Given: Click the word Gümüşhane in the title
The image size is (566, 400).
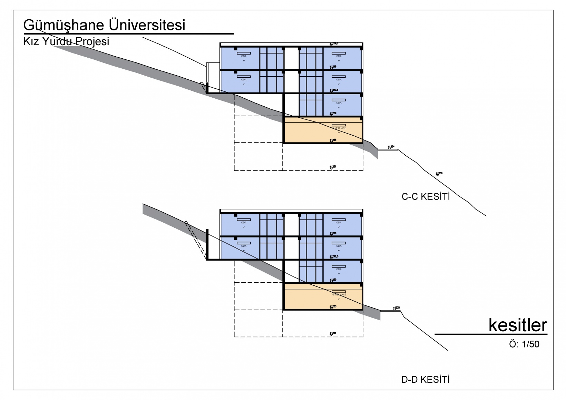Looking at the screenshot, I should coord(63,25).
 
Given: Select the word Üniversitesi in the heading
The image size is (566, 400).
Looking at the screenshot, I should coord(147,25).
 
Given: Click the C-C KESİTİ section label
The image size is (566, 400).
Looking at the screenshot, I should coord(426,197).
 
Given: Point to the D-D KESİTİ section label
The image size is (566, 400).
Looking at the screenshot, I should coord(426,380).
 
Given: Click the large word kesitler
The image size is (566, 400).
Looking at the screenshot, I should coord(518,325).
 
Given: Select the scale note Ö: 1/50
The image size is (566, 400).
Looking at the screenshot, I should coord(524,344).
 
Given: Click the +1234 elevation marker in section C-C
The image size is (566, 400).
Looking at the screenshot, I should coord(391,147).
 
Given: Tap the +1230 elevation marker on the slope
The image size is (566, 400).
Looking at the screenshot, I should coord(439,174).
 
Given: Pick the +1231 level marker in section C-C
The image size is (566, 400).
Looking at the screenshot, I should coord(332,167).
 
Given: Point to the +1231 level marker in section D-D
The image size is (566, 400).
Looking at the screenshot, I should coord(332,333).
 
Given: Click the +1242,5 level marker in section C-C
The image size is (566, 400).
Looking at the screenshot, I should coord(333,90).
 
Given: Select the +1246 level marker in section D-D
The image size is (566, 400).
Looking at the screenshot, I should coord(333,234).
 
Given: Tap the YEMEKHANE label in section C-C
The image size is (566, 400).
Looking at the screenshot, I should coord(339,128).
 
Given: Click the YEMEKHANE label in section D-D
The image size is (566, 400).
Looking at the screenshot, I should coord(339,294).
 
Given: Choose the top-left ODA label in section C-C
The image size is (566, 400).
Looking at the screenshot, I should coord(243,56).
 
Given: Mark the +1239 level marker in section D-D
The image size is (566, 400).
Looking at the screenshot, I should coord(333,280).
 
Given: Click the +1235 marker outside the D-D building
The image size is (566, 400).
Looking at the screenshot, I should coord(396,308).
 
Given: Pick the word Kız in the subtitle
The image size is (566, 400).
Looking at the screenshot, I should coord(30,41).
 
